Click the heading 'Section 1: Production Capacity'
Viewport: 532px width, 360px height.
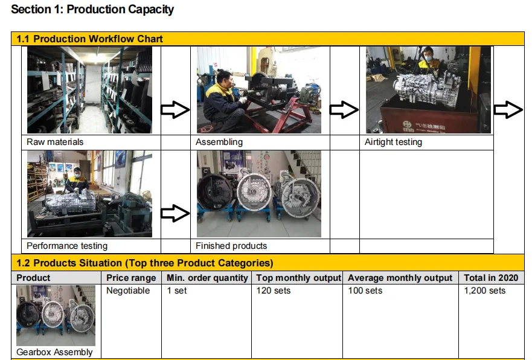click(x=92, y=10)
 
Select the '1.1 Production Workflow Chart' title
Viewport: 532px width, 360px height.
click(x=89, y=39)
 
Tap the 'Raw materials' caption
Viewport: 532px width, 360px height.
click(x=55, y=142)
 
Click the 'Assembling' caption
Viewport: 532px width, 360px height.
click(x=219, y=142)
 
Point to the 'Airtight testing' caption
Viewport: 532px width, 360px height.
click(x=393, y=142)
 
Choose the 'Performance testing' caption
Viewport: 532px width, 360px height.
click(x=67, y=246)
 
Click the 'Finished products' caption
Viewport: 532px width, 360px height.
click(x=231, y=246)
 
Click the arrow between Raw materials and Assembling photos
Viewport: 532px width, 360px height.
click(x=175, y=109)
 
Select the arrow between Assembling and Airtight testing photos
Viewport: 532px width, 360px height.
click(x=344, y=109)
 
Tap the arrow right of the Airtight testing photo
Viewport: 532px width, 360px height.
click(x=508, y=109)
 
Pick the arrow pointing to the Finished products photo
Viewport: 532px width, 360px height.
click(x=175, y=213)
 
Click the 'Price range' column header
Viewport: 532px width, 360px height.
click(x=131, y=278)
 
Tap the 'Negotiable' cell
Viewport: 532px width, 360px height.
click(x=128, y=291)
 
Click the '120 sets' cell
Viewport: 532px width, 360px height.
click(x=274, y=291)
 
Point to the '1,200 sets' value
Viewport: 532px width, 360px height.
click(x=485, y=291)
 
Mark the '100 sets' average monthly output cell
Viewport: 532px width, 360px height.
click(x=365, y=291)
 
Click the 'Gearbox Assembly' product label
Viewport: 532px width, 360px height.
click(x=55, y=352)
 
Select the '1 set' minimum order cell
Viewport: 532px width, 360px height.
click(x=177, y=291)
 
